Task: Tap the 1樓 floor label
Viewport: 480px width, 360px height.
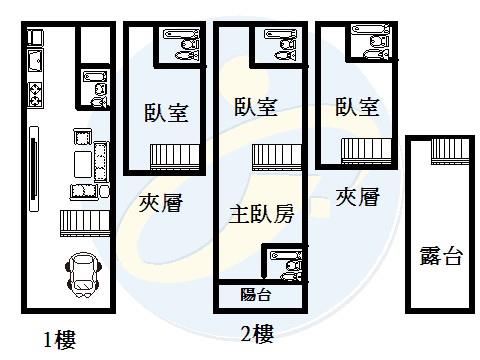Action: click(x=59, y=339)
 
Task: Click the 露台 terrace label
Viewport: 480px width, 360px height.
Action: click(x=440, y=256)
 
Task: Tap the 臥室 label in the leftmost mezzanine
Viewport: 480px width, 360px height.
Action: click(x=166, y=112)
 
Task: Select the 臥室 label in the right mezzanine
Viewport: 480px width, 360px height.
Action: click(x=356, y=107)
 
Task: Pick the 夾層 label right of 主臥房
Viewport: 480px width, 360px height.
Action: click(x=357, y=196)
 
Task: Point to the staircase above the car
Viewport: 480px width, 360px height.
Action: click(x=84, y=222)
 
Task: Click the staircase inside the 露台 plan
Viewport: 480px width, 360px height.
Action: click(x=450, y=151)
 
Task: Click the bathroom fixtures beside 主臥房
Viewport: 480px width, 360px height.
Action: click(x=289, y=267)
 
